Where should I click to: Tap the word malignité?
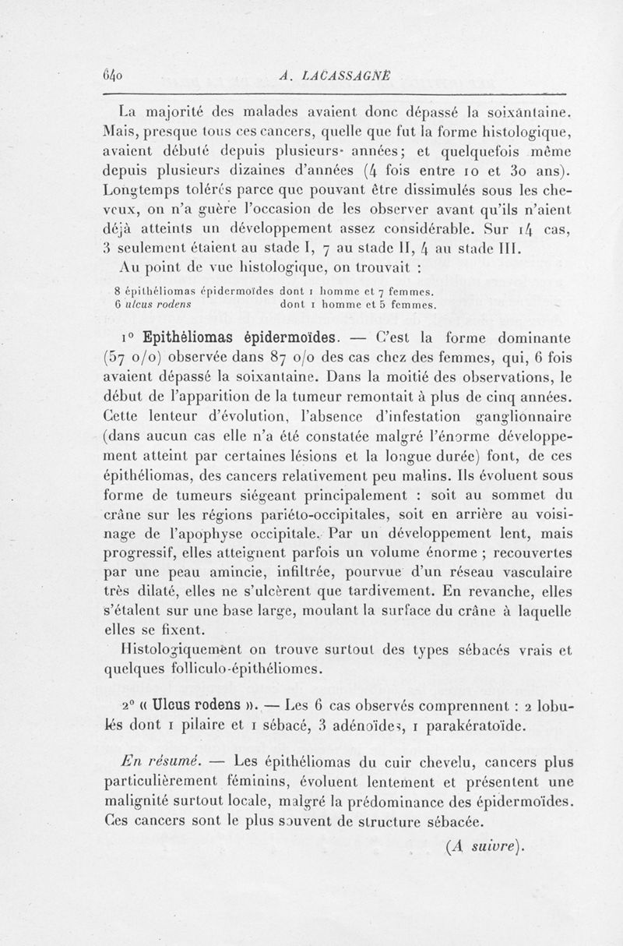pos(143,802)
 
